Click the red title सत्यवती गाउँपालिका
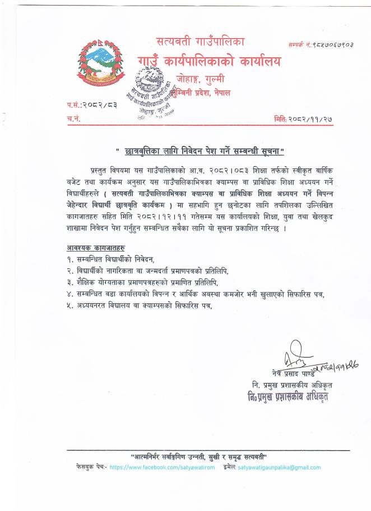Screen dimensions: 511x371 203,41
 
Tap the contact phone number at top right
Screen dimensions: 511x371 322,43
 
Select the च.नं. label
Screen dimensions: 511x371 73,118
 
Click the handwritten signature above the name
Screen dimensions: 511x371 291,359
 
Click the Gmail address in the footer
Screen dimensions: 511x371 279,467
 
